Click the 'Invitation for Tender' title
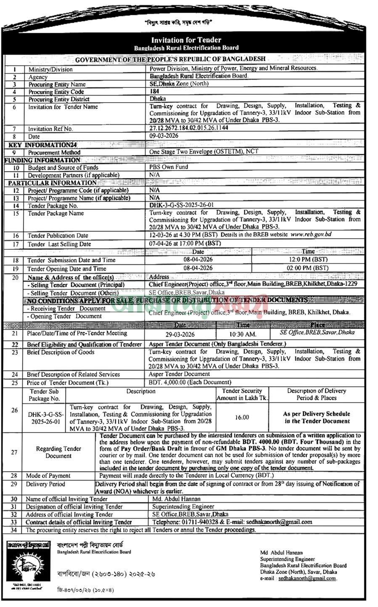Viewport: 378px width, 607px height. coord(186,40)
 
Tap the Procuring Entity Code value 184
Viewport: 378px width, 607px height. coord(154,91)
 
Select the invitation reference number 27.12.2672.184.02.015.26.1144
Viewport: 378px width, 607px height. coord(189,128)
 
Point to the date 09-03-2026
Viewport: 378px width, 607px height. coord(164,136)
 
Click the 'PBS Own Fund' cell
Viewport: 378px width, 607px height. coord(168,167)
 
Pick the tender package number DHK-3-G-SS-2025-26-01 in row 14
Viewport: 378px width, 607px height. coord(181,205)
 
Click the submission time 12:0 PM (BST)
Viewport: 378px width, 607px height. coord(308,260)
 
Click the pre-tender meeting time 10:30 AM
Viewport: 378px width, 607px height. coord(243,334)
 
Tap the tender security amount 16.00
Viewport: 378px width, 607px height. coord(242,417)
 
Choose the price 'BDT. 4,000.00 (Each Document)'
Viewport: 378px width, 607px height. coord(190,383)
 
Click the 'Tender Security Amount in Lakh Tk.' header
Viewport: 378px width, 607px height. coord(242,394)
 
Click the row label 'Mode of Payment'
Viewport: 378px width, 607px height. coord(48,476)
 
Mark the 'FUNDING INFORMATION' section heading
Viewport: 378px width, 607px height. coord(42,160)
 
